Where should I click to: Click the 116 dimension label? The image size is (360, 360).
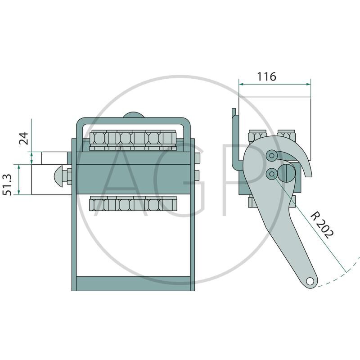(x=266, y=76)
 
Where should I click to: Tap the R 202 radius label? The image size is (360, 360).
(x=322, y=226)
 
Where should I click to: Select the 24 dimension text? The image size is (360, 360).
(x=24, y=138)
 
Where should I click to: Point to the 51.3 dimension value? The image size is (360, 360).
(x=7, y=185)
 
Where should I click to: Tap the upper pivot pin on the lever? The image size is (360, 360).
(x=272, y=156)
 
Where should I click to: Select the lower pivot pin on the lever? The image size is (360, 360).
(x=272, y=174)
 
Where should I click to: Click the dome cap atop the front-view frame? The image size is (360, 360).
(x=134, y=115)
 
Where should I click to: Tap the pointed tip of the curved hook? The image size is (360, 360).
(x=309, y=176)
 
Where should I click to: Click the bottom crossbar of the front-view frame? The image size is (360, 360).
(x=133, y=283)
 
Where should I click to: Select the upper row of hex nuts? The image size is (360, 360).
(x=133, y=140)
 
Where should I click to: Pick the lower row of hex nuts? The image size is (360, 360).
(x=133, y=203)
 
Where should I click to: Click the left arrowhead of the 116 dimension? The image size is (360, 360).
(x=241, y=84)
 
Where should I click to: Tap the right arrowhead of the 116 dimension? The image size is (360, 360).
(x=308, y=84)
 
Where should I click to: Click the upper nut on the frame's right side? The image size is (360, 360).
(x=197, y=158)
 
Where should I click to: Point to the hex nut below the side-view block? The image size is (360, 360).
(x=252, y=202)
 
